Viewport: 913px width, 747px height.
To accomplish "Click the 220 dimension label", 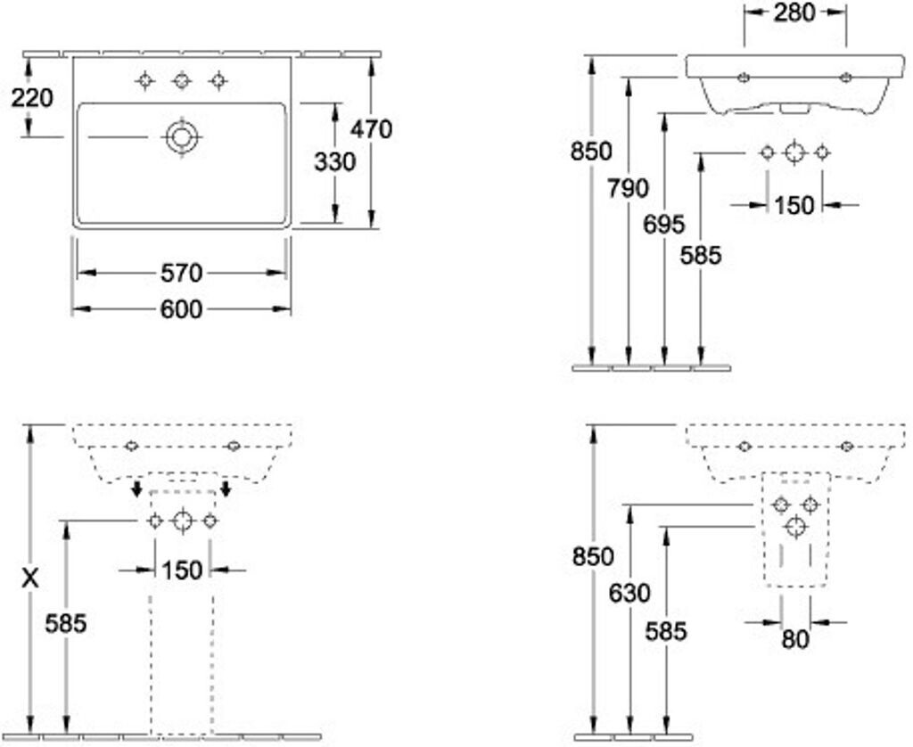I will click(x=32, y=97).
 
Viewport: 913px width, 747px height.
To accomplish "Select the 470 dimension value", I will click(x=370, y=129).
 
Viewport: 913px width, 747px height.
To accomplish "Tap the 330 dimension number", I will click(x=334, y=161).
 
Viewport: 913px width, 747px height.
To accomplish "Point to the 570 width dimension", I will click(x=181, y=272).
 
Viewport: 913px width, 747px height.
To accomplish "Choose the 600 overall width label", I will click(x=181, y=308).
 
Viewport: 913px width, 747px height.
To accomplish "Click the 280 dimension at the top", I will click(x=794, y=12).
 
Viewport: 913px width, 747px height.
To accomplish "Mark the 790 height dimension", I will click(x=629, y=188).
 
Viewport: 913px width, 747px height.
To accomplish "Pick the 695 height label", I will click(x=664, y=224).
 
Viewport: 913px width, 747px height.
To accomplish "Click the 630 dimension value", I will click(x=629, y=592).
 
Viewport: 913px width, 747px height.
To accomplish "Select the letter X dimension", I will click(x=31, y=579).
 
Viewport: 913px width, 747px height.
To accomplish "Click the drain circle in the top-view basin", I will click(x=182, y=137).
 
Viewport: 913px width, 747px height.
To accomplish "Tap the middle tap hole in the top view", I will click(x=182, y=81).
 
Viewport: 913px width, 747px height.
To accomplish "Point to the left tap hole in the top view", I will click(x=144, y=81).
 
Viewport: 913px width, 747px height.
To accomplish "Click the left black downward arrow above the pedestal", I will click(x=136, y=488).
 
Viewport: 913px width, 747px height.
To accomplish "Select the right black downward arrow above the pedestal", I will click(x=226, y=488).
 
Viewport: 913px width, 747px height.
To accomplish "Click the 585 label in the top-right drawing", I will click(x=700, y=255).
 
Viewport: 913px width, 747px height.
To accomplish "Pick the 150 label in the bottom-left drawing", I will click(x=183, y=570).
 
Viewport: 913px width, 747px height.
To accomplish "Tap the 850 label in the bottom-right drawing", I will click(x=593, y=556).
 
